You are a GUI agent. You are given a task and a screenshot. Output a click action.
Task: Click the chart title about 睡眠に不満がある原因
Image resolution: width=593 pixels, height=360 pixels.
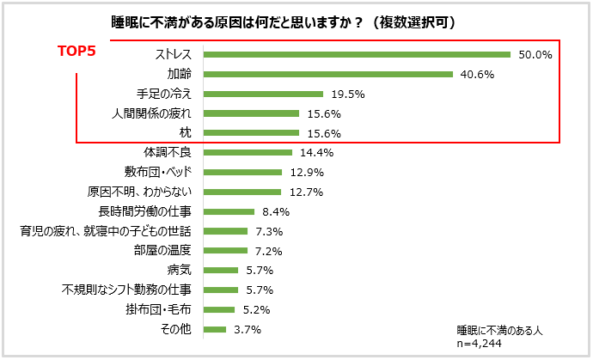coord(284,21)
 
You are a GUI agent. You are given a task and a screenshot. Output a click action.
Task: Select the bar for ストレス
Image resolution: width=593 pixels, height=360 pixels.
coord(358,55)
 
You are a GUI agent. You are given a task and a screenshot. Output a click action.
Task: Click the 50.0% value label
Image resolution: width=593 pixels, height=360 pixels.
coord(534,55)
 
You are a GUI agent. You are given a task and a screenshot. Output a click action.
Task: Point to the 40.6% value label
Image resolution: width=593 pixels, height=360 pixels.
coord(476,75)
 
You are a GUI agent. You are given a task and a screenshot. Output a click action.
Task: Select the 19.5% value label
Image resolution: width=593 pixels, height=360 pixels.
coord(346,95)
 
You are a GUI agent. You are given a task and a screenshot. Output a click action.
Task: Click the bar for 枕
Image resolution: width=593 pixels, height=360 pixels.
coord(251,133)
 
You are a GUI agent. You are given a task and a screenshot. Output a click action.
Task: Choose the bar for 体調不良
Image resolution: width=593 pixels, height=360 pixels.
coord(248,153)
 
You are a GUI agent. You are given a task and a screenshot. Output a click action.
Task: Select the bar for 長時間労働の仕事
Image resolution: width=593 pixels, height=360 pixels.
coord(229,211)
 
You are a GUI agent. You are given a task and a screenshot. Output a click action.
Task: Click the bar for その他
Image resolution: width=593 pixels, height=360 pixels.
coord(214,329)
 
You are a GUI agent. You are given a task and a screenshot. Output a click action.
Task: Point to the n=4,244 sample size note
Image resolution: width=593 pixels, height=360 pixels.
coord(478,343)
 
